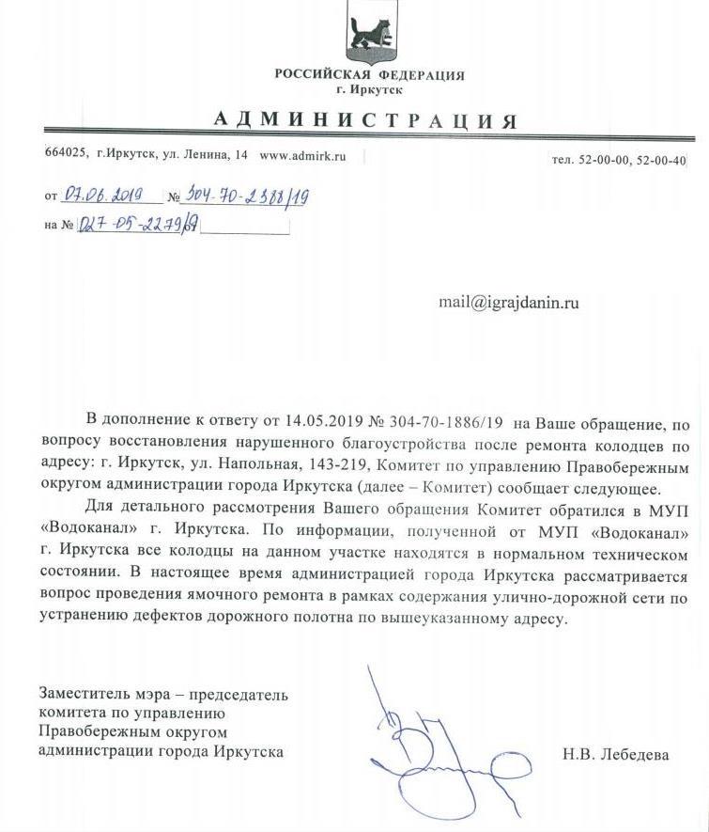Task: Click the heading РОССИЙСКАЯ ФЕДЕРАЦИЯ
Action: pyautogui.click(x=369, y=75)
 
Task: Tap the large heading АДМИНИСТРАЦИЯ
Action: pyautogui.click(x=365, y=120)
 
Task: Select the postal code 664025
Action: pyautogui.click(x=66, y=155)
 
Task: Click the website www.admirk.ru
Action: pyautogui.click(x=302, y=155)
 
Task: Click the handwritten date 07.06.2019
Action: pyautogui.click(x=101, y=196)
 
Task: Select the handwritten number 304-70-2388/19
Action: pyautogui.click(x=245, y=196)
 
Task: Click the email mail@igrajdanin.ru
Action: pyautogui.click(x=508, y=303)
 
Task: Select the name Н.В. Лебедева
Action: pyautogui.click(x=616, y=753)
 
